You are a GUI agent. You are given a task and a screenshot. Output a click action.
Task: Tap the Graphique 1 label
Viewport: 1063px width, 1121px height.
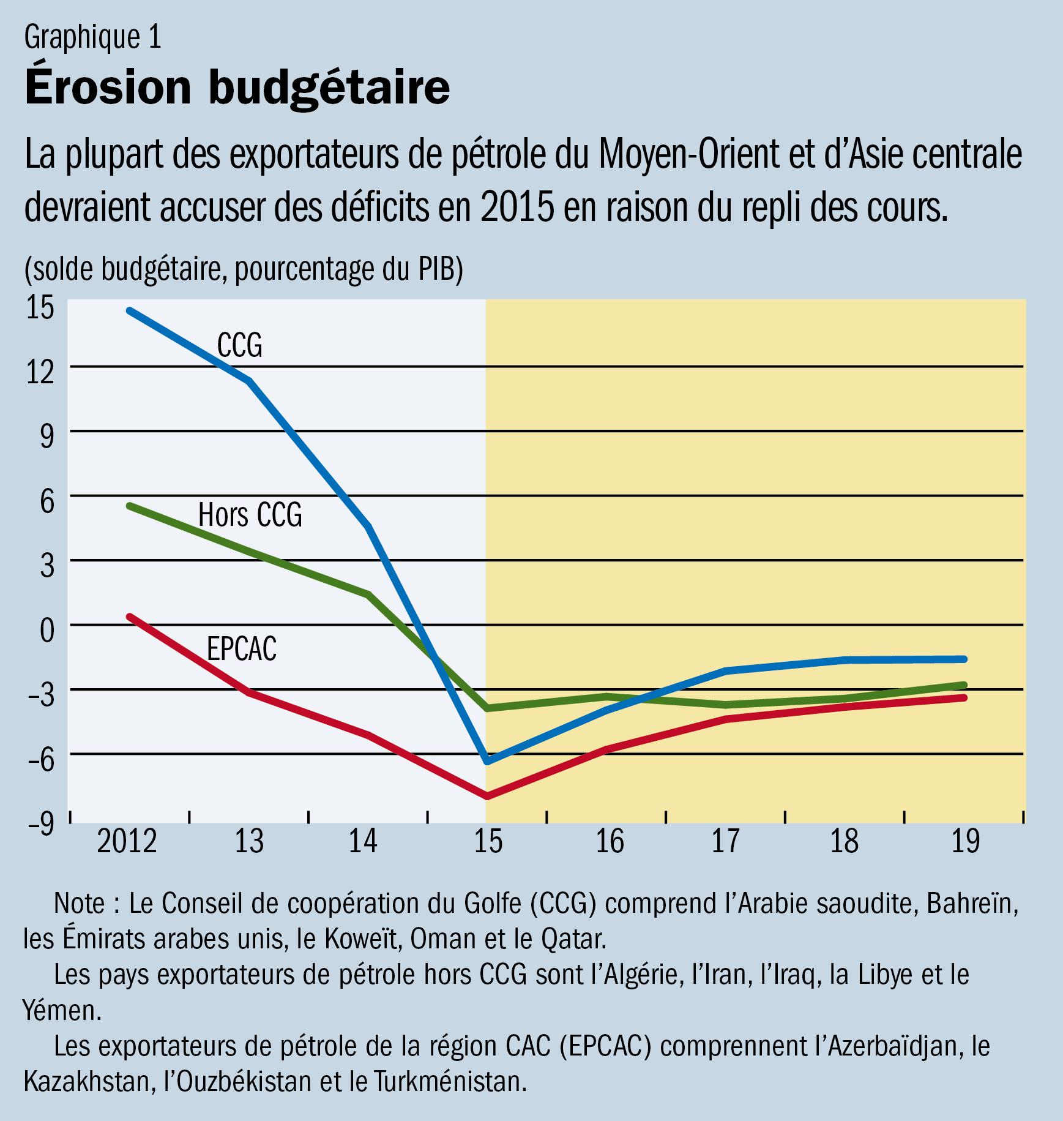click(92, 38)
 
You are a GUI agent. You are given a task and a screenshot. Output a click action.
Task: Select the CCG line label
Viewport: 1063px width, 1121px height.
click(239, 346)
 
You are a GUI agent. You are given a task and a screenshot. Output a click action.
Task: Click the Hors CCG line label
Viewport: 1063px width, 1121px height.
click(250, 515)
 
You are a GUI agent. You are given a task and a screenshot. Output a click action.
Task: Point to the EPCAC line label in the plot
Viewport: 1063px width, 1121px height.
click(241, 650)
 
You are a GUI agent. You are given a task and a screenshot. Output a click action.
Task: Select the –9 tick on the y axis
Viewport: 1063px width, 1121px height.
click(40, 824)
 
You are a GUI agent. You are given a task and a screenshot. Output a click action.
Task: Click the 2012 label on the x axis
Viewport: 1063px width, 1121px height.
click(127, 842)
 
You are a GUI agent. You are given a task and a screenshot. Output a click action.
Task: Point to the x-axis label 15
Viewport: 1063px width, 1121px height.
click(488, 842)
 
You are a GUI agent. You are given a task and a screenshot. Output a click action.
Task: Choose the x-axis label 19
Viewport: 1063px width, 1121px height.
click(966, 842)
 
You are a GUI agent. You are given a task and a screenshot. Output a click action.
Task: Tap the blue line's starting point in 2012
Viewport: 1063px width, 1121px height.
click(129, 310)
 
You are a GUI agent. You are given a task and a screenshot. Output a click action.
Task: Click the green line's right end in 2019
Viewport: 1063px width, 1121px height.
click(964, 685)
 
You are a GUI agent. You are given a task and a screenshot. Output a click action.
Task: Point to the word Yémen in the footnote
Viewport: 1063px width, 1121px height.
click(61, 1011)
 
